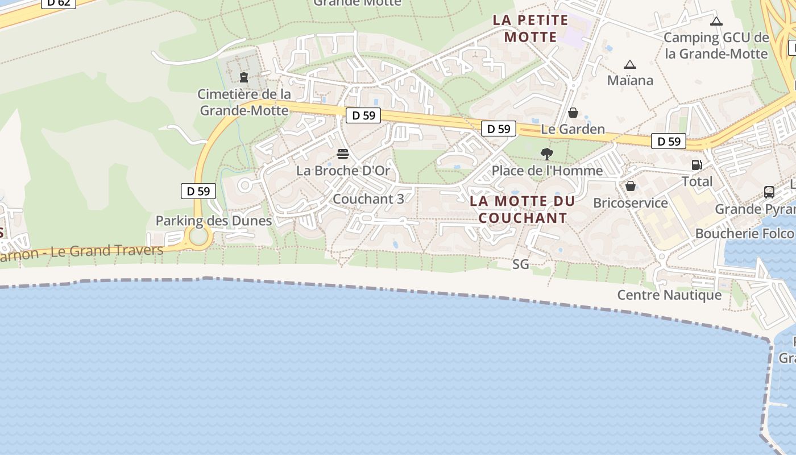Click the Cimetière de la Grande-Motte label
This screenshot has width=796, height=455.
tap(244, 102)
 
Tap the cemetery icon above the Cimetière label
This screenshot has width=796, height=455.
tap(244, 77)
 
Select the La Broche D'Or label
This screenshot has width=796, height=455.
tap(343, 170)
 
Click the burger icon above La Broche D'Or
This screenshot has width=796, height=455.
tap(342, 154)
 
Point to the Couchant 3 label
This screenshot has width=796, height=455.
tap(368, 199)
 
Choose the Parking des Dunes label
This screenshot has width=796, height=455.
tap(214, 221)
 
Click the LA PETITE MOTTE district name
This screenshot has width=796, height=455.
tap(530, 28)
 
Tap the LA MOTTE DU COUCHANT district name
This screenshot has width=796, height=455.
tap(523, 209)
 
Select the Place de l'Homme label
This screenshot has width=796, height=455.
tap(547, 171)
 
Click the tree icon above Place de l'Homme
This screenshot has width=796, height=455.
tap(547, 154)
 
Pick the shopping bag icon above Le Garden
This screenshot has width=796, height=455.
tap(573, 113)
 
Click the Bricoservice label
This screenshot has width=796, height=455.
tap(630, 203)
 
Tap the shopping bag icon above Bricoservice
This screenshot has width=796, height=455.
tap(630, 186)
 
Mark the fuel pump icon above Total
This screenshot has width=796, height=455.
tap(696, 165)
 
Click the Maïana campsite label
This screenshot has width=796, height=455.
tap(630, 80)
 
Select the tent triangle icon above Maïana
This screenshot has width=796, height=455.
tap(629, 65)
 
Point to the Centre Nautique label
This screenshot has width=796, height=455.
tap(669, 295)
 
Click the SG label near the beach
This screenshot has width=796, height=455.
tap(520, 264)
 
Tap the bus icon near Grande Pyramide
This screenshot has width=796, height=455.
tap(769, 192)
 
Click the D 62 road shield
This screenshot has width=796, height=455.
tap(59, 2)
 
